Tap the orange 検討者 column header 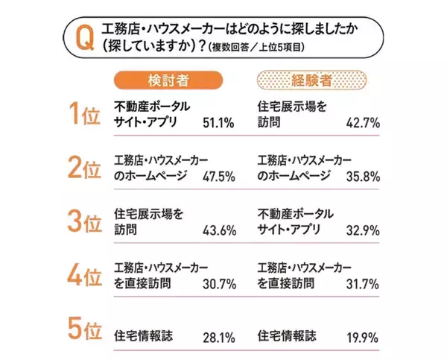[168, 79]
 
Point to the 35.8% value [364, 176]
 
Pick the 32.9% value [364, 230]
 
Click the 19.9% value [364, 335]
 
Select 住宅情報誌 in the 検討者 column [144, 335]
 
